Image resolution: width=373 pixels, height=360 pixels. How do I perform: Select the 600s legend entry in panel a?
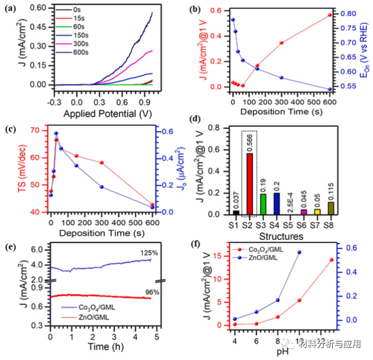(87, 52)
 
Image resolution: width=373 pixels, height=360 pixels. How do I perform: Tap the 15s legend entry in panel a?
(85, 18)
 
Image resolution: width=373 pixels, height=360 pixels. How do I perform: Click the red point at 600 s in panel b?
(330, 15)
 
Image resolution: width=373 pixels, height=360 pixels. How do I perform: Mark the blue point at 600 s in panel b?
(330, 89)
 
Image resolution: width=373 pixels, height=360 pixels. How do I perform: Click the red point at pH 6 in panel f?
(256, 324)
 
